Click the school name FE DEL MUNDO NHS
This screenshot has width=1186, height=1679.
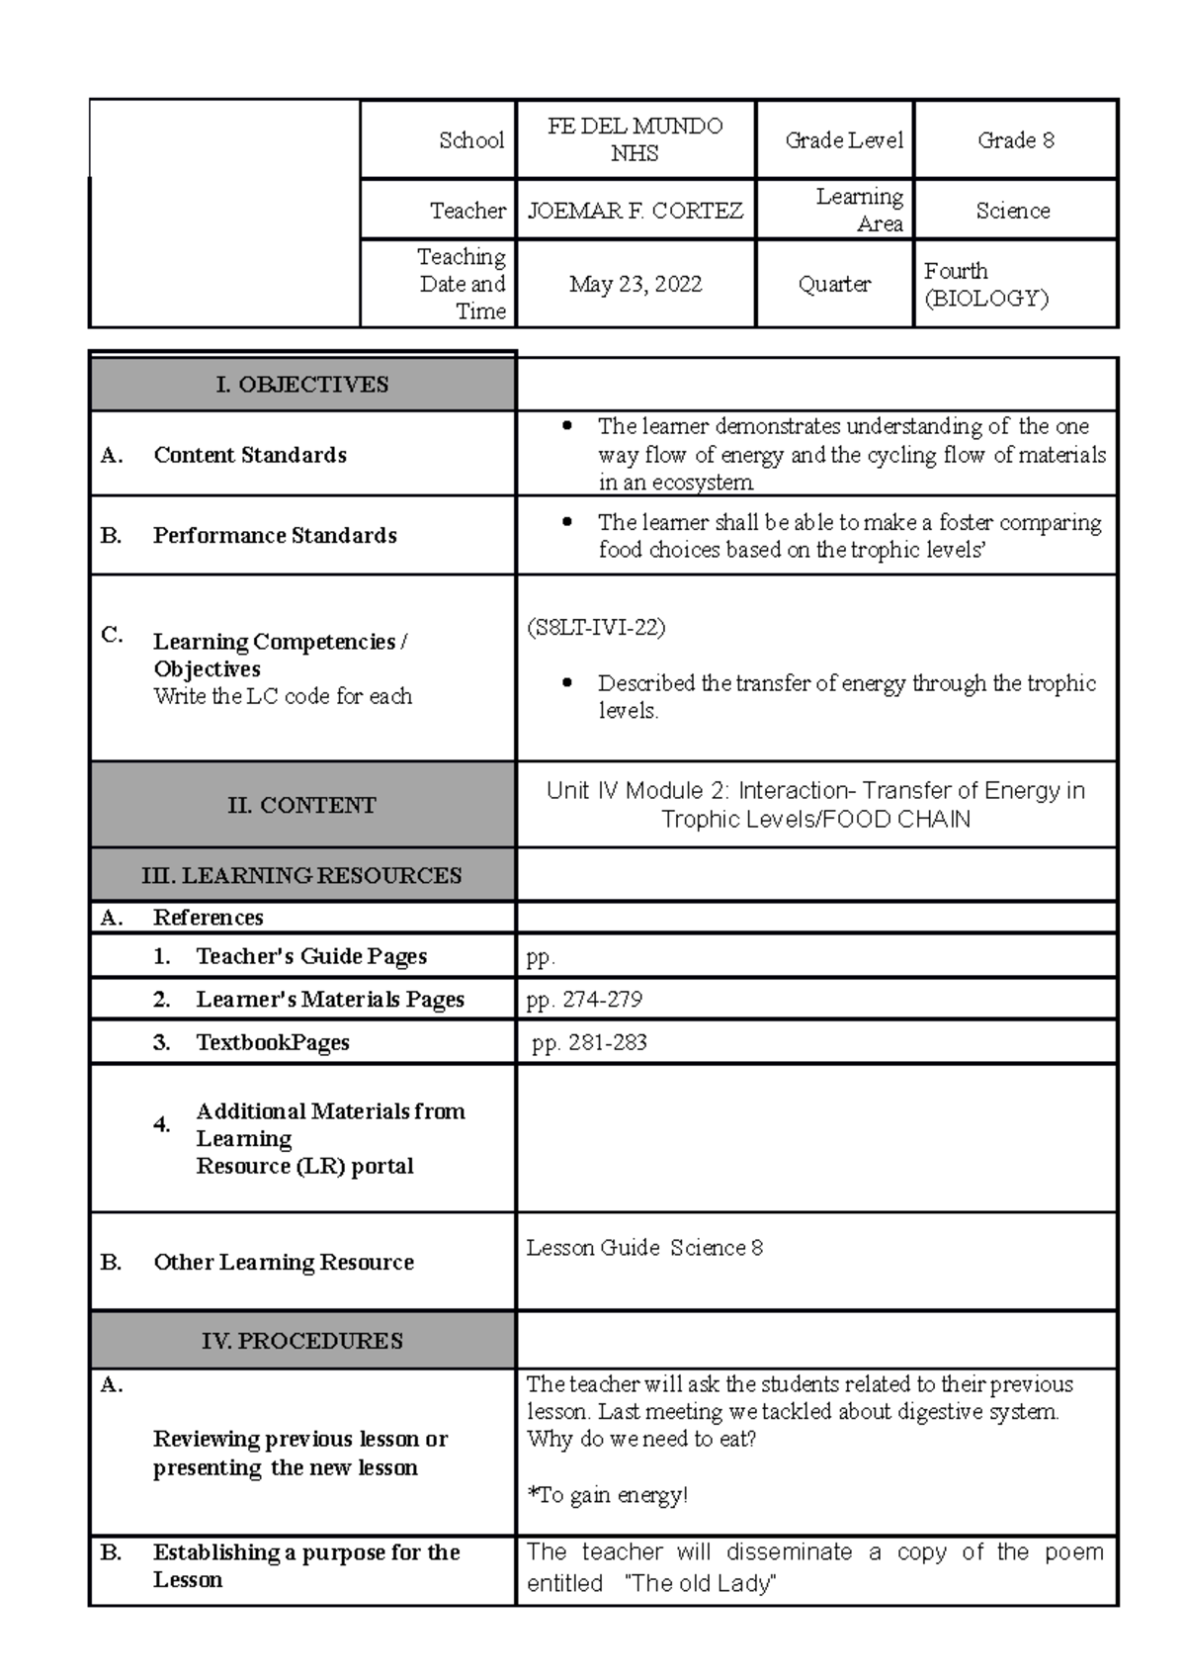point(635,139)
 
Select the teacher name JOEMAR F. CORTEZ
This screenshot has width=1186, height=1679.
point(635,211)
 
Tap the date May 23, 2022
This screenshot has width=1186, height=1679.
point(635,285)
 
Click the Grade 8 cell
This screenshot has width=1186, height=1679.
point(1015,140)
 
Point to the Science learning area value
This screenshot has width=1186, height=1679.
point(1012,211)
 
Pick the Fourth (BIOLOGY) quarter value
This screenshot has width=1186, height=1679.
point(985,285)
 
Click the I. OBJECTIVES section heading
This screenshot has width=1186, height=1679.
point(301,385)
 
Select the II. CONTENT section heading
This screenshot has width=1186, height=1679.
point(301,805)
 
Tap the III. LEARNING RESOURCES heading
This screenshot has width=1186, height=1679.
point(301,875)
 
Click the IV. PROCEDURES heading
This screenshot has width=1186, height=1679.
point(301,1341)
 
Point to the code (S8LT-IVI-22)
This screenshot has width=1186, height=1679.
point(596,628)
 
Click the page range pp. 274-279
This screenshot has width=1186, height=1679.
point(584,1000)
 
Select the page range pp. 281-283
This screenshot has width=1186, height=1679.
point(589,1042)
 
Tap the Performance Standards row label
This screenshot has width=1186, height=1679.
point(274,535)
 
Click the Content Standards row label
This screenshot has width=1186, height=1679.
point(249,455)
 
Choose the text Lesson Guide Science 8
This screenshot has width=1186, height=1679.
point(644,1248)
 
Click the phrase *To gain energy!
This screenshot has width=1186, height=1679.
point(607,1495)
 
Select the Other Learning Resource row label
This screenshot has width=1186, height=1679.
point(283,1262)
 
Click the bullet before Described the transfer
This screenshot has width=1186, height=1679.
point(566,682)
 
